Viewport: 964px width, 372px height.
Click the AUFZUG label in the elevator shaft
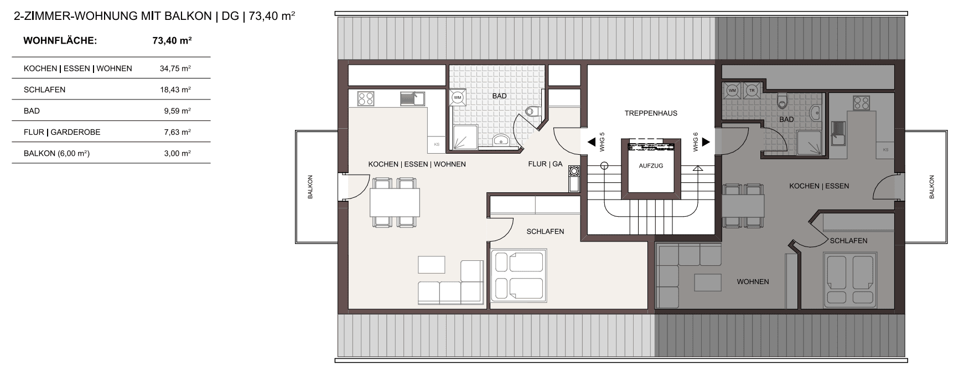coord(651,166)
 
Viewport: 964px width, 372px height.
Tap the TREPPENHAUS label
coord(651,113)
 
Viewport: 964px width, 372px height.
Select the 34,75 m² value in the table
coord(175,69)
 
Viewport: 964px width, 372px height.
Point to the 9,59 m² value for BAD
coord(177,111)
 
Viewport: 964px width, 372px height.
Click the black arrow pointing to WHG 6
coord(706,143)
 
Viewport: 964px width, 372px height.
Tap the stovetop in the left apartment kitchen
coord(365,98)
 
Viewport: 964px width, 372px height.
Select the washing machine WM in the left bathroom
coord(458,97)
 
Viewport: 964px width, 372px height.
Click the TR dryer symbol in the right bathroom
coord(751,90)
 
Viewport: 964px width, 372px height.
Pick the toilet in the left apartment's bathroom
coord(531,111)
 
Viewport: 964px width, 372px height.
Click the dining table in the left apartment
coord(395,202)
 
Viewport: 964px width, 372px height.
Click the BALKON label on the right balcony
coord(931,187)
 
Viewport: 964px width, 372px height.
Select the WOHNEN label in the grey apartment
coord(753,282)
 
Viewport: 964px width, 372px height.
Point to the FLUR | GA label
coord(545,164)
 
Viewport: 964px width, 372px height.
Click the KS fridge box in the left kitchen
coord(437,144)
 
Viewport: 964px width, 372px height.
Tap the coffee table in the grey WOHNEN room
coord(708,282)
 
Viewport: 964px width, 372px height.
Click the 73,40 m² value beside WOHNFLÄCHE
coord(172,40)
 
